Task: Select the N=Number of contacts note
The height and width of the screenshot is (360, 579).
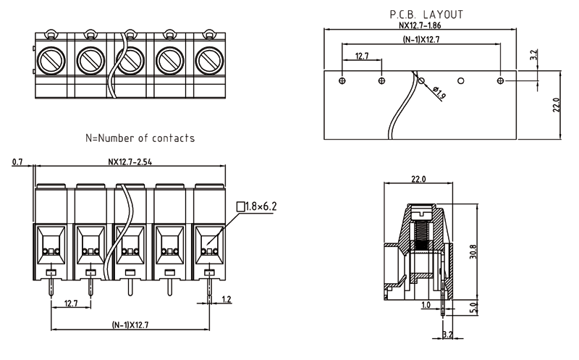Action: pyautogui.click(x=140, y=138)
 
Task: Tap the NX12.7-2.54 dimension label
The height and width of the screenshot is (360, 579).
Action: pyautogui.click(x=130, y=162)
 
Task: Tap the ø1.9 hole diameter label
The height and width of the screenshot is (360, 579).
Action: pyautogui.click(x=439, y=92)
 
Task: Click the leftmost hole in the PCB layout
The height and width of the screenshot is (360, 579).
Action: pyautogui.click(x=343, y=80)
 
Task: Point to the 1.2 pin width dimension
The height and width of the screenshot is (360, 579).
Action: pyautogui.click(x=227, y=298)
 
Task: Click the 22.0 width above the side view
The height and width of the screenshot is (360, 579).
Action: pyautogui.click(x=419, y=178)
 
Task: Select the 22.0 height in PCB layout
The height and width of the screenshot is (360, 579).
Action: pyautogui.click(x=556, y=105)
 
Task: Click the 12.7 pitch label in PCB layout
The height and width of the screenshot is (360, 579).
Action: pyautogui.click(x=363, y=56)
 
